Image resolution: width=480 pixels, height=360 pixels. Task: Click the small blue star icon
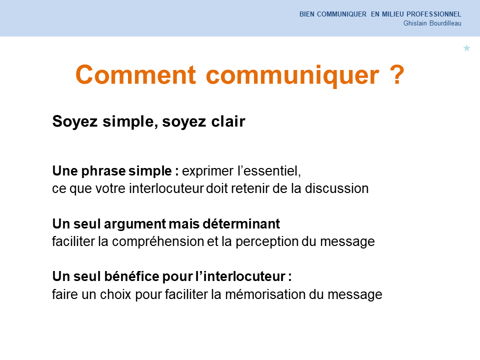(x=466, y=48)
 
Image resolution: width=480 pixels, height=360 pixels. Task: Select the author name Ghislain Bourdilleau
(x=432, y=23)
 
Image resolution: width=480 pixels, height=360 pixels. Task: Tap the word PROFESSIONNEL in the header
(x=434, y=14)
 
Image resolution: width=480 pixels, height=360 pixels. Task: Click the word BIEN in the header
(x=306, y=14)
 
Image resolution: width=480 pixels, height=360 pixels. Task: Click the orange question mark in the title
(x=397, y=74)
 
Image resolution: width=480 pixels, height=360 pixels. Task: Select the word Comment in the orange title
(x=135, y=74)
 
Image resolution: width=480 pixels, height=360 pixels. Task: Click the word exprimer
(x=207, y=171)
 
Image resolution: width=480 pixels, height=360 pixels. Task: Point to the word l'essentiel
(x=269, y=171)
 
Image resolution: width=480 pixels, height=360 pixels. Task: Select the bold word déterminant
(x=241, y=224)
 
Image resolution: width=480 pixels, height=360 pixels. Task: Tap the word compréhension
(x=158, y=242)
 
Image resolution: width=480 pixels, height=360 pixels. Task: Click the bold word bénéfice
(x=132, y=276)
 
